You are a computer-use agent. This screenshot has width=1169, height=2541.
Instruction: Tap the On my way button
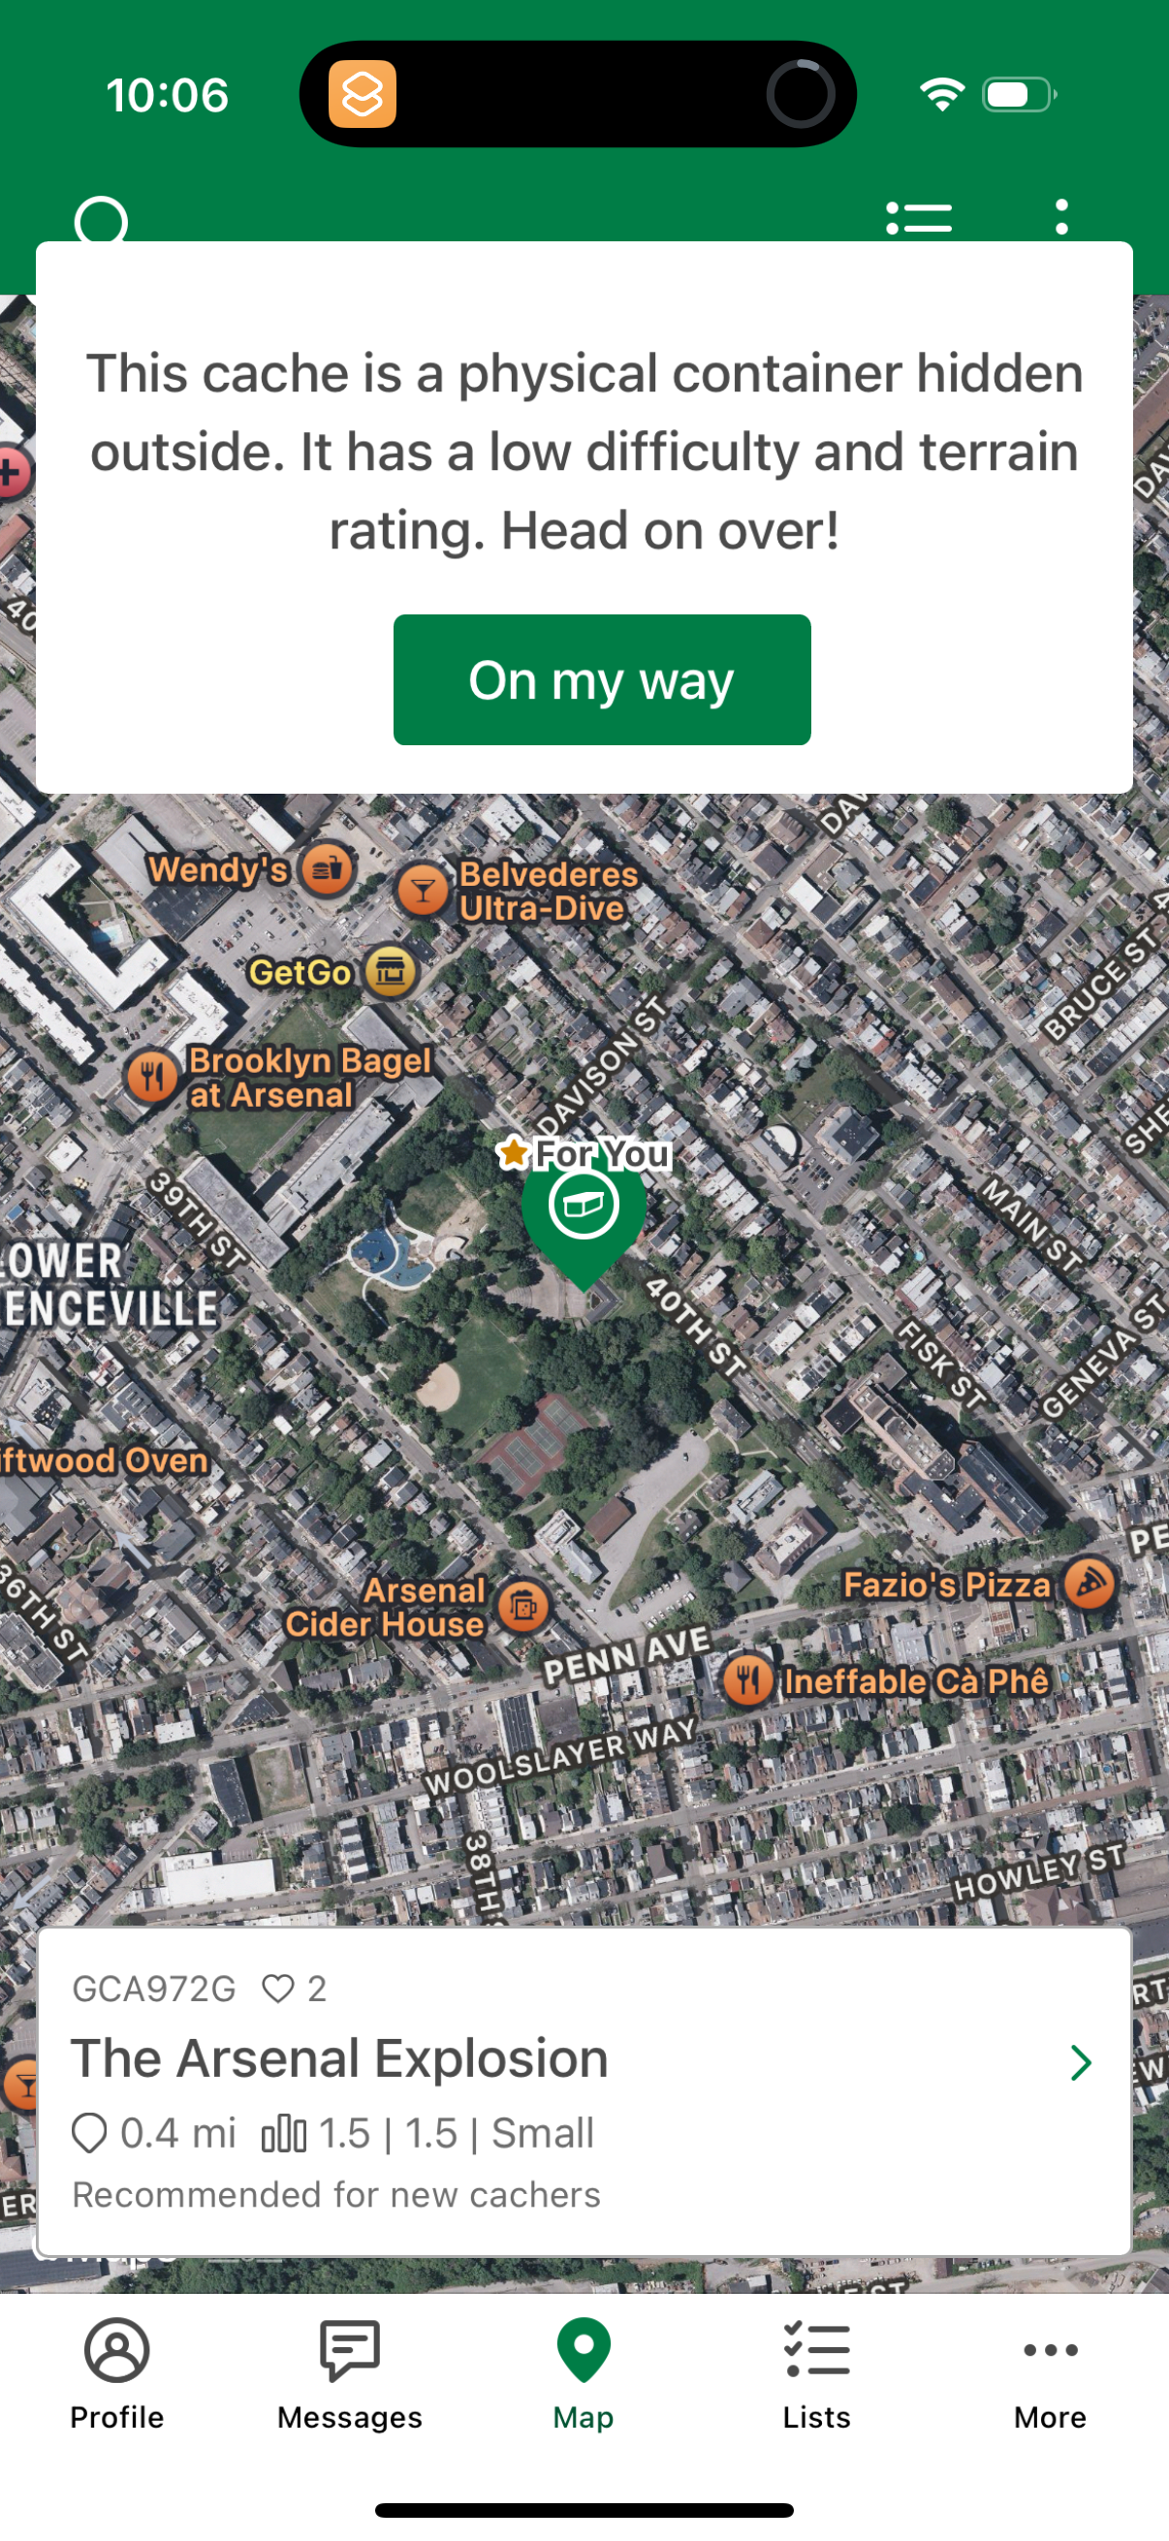click(x=601, y=679)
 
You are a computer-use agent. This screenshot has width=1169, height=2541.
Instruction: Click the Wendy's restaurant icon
click(x=328, y=869)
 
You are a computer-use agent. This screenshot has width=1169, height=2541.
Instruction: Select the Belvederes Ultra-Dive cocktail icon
click(x=423, y=890)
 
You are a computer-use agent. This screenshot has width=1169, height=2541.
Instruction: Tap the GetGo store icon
click(x=391, y=972)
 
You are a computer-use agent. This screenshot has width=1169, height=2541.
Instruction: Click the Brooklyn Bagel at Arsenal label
click(x=310, y=1078)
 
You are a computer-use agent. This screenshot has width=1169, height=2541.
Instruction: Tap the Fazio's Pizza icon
click(x=1090, y=1584)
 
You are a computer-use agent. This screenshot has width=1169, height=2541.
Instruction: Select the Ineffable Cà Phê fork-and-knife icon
click(x=747, y=1679)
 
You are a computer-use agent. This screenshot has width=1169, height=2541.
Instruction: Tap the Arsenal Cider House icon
click(x=522, y=1606)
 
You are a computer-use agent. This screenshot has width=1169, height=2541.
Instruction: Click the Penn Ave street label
click(x=626, y=1653)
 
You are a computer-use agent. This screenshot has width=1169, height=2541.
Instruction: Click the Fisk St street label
click(x=941, y=1365)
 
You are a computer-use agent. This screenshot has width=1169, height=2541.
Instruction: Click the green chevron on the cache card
click(x=1081, y=2061)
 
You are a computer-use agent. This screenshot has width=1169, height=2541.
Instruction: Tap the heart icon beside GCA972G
click(x=278, y=1988)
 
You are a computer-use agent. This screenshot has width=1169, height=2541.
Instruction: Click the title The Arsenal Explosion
click(x=339, y=2057)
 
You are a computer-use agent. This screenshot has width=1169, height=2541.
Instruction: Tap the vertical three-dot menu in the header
click(x=1061, y=217)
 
